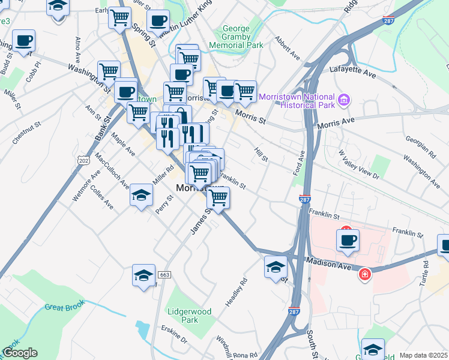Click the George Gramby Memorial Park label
click(x=236, y=37)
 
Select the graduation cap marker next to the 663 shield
click(x=144, y=275)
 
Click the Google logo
click(x=20, y=353)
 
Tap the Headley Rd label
click(x=236, y=293)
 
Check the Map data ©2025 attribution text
click(x=423, y=355)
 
